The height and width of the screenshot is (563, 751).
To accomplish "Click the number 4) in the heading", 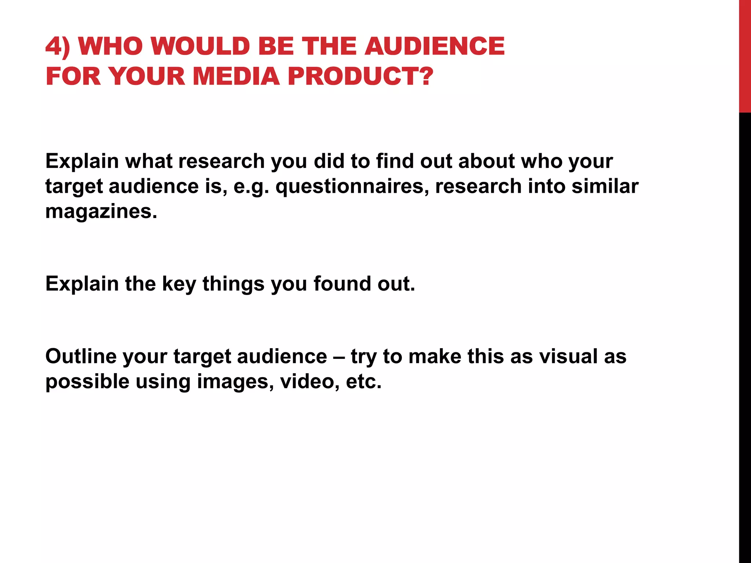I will pos(58,47).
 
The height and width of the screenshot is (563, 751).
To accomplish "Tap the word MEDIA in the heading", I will pos(236,76).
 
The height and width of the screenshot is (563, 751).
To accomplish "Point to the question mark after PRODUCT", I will pos(426,76).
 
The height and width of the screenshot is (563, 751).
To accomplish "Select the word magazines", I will pos(101,211).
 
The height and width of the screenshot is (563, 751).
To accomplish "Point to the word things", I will pos(233,284).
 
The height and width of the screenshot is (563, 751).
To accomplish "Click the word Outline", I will pos(81,356).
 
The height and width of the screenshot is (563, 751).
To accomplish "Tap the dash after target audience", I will pos(339,357).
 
